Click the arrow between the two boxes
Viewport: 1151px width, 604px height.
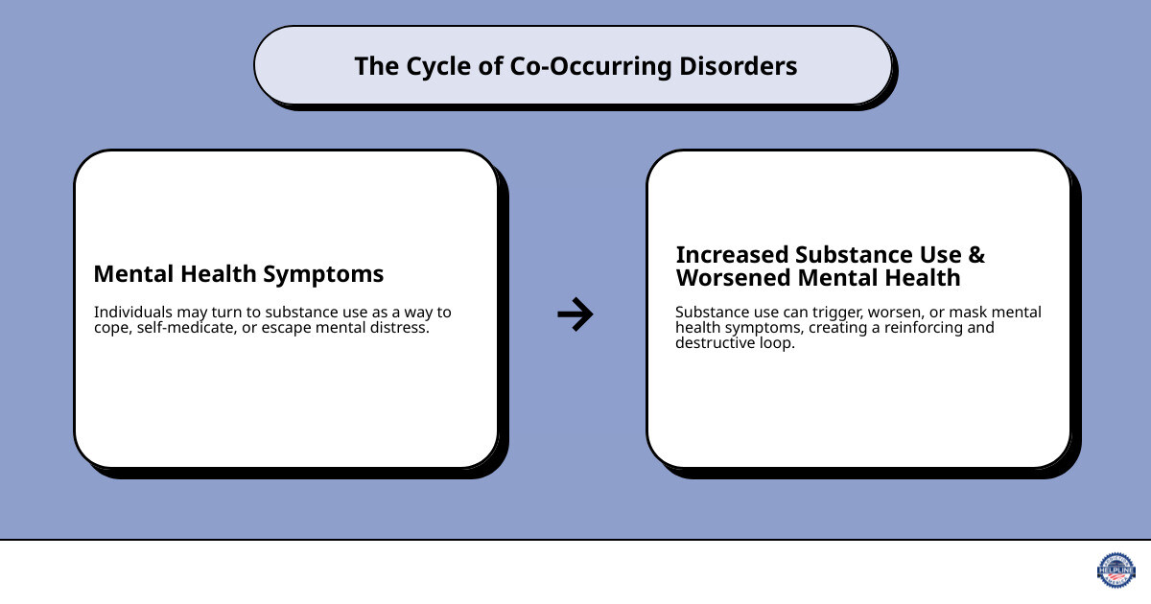(x=575, y=314)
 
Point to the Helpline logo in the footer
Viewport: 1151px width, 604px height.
(x=1116, y=569)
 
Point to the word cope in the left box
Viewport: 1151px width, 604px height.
(x=111, y=328)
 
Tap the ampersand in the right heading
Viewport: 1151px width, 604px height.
(x=975, y=255)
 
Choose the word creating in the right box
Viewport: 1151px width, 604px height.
(x=845, y=328)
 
